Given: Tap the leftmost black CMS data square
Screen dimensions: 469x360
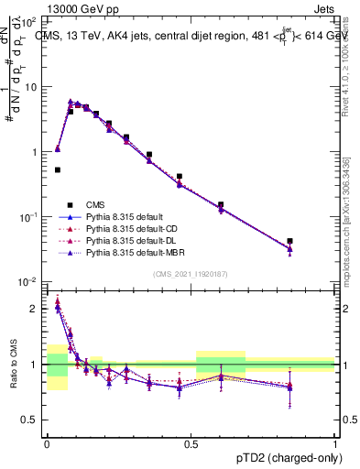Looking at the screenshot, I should [x=57, y=169].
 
